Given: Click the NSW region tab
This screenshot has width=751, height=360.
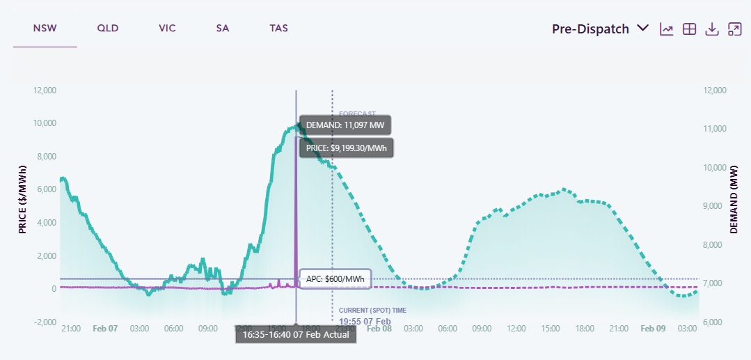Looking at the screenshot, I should (45, 29).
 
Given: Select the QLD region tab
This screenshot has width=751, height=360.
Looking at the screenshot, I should (108, 29).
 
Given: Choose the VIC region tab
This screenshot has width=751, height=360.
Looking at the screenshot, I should (167, 29).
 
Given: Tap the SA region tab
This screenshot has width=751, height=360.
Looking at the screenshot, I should (223, 29).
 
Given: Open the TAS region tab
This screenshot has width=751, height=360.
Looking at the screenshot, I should (279, 29).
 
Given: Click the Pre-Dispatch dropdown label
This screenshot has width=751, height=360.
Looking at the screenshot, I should (591, 29).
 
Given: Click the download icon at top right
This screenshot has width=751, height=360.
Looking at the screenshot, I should (711, 29).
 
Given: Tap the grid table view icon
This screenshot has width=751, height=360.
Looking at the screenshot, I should (689, 29).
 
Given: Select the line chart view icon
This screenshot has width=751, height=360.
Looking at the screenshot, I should (667, 29).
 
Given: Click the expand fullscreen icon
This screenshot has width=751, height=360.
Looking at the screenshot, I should (734, 29).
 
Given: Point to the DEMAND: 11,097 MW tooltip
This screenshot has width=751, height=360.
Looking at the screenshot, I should (345, 125).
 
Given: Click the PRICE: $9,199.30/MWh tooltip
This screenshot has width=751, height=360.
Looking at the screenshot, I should (346, 148).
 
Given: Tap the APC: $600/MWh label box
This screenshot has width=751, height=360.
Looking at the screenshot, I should (335, 279).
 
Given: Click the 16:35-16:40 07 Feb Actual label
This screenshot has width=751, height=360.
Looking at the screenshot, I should (296, 334).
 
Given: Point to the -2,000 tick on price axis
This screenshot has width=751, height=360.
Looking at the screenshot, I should (45, 322).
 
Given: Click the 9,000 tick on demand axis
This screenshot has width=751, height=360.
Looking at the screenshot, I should (716, 206).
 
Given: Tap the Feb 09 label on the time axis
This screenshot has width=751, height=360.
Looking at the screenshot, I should (653, 328).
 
